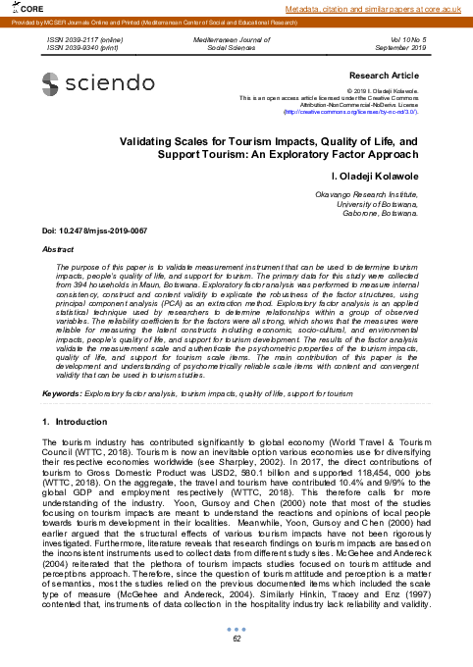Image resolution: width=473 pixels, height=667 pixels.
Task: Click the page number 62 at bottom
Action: pos(236,640)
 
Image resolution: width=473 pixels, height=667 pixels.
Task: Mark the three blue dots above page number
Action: pos(236,630)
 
